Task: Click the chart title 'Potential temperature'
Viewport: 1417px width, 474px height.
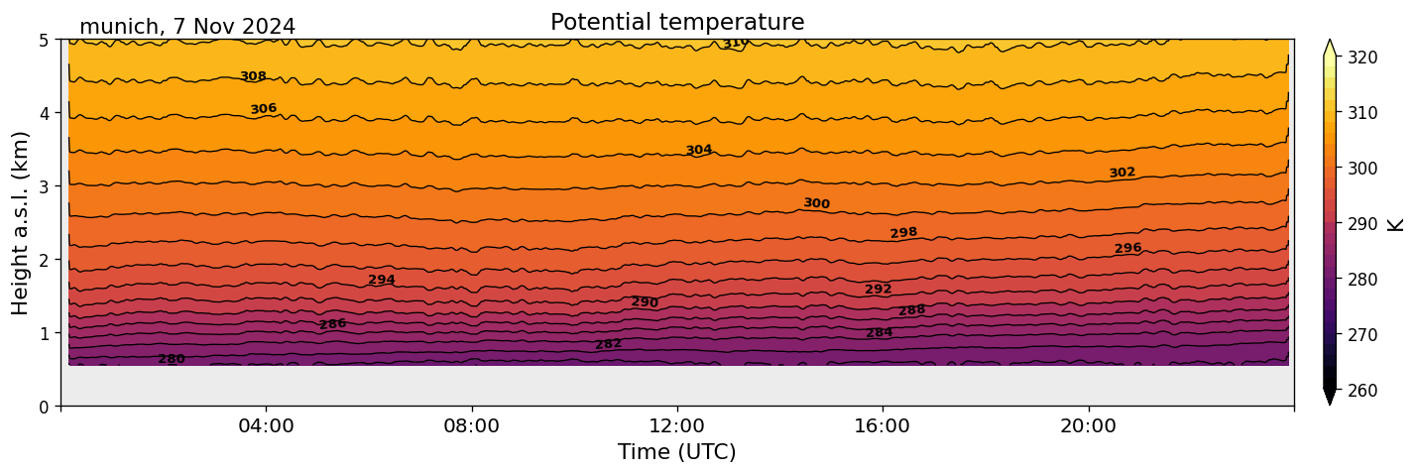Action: tap(677, 22)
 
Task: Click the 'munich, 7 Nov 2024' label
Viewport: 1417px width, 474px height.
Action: tap(186, 27)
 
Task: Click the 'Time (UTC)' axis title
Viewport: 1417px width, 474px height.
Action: tap(677, 452)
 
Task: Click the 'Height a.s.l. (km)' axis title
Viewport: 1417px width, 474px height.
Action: tap(21, 222)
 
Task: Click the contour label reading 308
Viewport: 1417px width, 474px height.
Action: tap(253, 76)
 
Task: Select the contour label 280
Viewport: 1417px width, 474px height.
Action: tap(172, 359)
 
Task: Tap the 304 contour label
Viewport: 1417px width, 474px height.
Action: tap(699, 150)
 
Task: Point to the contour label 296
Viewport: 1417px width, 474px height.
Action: tap(1128, 248)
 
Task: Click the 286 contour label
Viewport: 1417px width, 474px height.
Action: tap(333, 324)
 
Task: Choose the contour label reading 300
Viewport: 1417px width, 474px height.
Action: tap(816, 203)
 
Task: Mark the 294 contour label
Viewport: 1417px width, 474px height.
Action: tap(382, 280)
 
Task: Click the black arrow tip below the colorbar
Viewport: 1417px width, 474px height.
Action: tap(1330, 399)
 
